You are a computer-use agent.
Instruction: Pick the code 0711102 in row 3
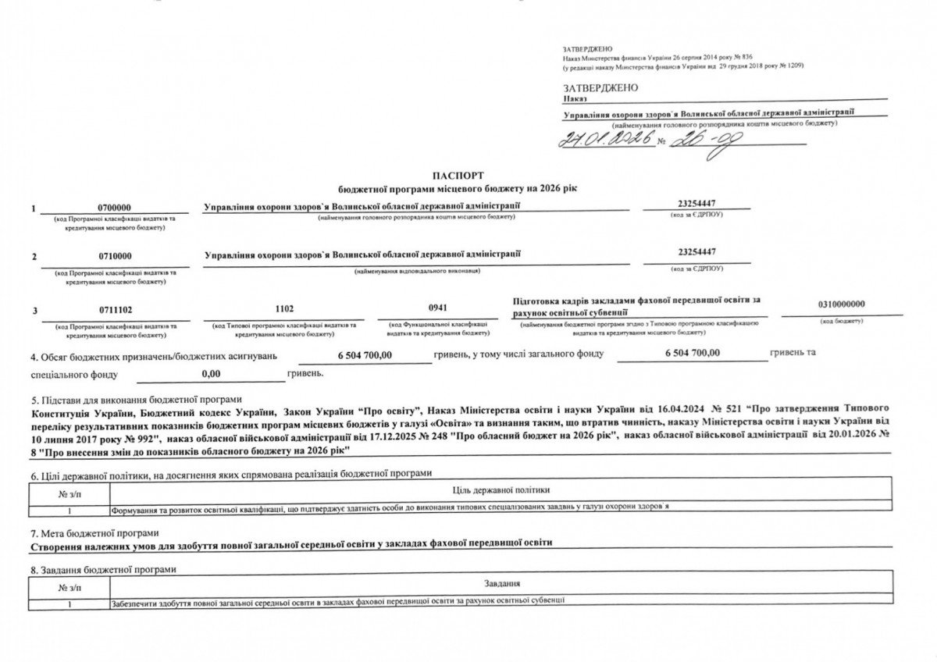tap(115, 310)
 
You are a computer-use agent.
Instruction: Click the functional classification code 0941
tap(437, 309)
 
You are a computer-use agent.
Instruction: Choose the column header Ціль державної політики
tap(501, 489)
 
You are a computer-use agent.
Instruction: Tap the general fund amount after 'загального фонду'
tap(693, 354)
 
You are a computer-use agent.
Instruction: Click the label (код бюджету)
tap(841, 321)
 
